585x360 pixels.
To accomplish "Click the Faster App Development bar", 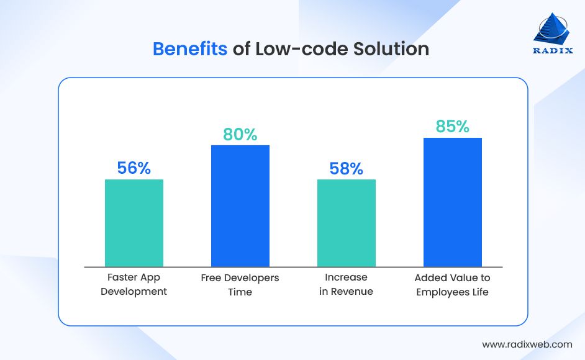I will pos(134,223).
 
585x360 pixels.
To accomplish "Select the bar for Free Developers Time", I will pos(240,205).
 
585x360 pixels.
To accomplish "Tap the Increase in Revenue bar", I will pos(347,223).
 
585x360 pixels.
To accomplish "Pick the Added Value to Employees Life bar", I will pos(453,202).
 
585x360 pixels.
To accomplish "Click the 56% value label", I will pos(134,168).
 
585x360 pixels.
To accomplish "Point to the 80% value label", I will pos(240,134).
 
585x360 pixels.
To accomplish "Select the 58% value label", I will pos(347,168).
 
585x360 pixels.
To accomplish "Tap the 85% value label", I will pos(453,127).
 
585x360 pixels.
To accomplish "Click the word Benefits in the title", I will pos(190,49).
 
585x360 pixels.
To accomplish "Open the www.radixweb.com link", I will pos(527,344).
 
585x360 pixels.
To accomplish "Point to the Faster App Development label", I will pos(134,284).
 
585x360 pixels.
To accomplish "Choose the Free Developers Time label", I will pos(240,284).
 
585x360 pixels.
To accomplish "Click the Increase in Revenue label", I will pos(347,284).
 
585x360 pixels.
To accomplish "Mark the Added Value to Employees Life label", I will pos(453,284).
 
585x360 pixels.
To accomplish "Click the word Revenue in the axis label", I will pos(352,292).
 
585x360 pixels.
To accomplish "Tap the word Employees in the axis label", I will pos(442,292).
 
